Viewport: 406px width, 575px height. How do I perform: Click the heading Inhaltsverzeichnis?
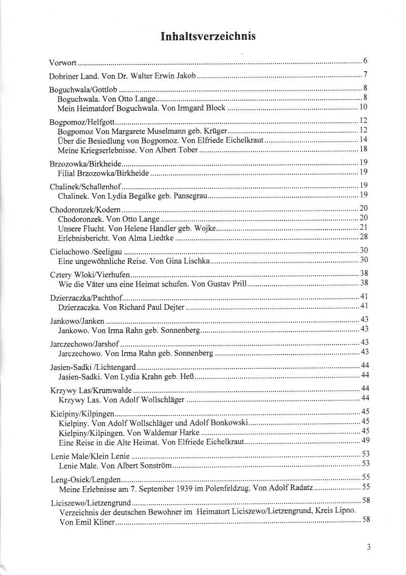[208, 36]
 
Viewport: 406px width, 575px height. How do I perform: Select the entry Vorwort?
[63, 63]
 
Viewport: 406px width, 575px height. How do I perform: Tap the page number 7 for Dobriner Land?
[365, 76]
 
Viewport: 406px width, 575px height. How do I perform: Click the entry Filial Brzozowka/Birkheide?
[104, 173]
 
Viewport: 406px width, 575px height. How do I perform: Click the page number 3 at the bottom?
[368, 548]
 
